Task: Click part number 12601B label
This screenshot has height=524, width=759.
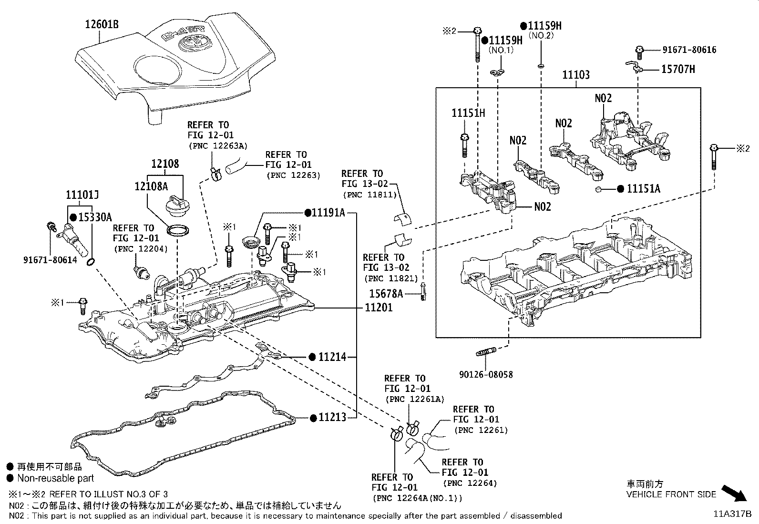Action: point(102,24)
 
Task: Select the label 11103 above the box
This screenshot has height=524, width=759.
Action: point(575,75)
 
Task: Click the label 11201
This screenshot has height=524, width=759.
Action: point(379,308)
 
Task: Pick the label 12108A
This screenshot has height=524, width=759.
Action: point(151,186)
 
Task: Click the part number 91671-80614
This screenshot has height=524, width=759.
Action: point(50,260)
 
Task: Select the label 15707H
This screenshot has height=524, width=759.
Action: point(678,70)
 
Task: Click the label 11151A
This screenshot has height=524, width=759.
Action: point(643,189)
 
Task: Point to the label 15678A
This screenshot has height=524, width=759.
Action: point(386,294)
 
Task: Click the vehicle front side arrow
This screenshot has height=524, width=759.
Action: point(734,493)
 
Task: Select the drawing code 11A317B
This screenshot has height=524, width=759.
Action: point(732,514)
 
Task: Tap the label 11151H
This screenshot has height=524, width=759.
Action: point(468,113)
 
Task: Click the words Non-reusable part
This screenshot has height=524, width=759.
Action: point(56,478)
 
